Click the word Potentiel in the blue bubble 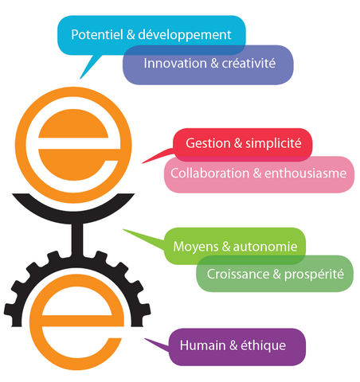pos(97,35)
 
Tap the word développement pos(185,35)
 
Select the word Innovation pos(175,64)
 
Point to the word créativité pos(248,64)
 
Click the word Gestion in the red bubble pos(208,143)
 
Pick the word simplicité pos(273,144)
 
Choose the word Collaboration pos(210,173)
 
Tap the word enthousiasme pos(306,173)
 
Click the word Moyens pos(196,247)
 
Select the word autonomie pos(265,247)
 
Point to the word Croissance pos(238,274)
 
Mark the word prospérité pos(314,275)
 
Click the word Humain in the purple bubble pos(202,345)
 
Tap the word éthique pos(264,346)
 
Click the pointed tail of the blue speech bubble pos(80,78)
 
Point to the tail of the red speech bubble pos(143,162)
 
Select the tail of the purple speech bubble pos(146,339)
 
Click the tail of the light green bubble pos(124,230)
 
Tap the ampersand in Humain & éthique pos(233,345)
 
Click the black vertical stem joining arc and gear pos(77,240)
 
